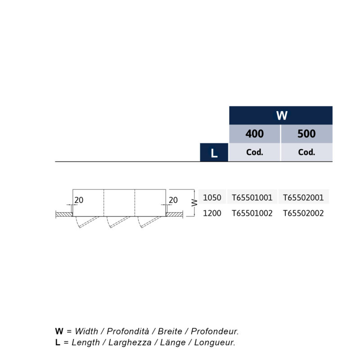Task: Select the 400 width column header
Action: pos(255,134)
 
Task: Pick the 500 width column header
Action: pos(307,134)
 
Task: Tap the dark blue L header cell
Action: pos(214,153)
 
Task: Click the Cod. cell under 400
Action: pos(255,152)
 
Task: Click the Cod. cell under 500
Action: pos(307,152)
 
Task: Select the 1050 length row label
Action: pos(212,198)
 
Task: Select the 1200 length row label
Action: pos(212,213)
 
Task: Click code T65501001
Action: pos(252,198)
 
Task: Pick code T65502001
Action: pos(303,198)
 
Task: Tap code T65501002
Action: pos(252,213)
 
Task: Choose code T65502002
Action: pos(303,213)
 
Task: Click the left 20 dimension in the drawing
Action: pos(79,200)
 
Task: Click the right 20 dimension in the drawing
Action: pos(173,200)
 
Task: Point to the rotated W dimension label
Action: pos(194,202)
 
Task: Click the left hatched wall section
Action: pos(64,215)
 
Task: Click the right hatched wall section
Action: pos(174,215)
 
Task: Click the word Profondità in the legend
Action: pos(128,331)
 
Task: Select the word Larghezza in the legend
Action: pos(130,342)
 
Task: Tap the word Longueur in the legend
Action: pos(215,342)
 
